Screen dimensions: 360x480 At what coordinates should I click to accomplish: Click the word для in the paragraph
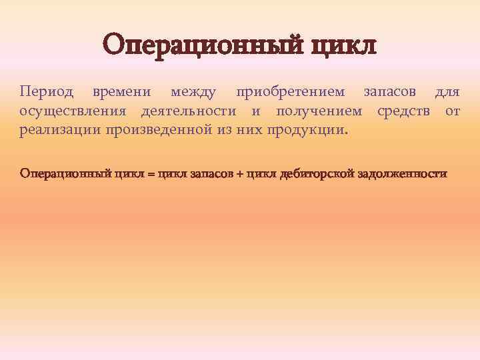[447, 91]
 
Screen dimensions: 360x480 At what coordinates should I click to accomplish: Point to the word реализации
[59, 129]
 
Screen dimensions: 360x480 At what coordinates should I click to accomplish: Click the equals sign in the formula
[151, 174]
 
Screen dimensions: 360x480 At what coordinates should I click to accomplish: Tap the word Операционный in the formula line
[66, 174]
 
